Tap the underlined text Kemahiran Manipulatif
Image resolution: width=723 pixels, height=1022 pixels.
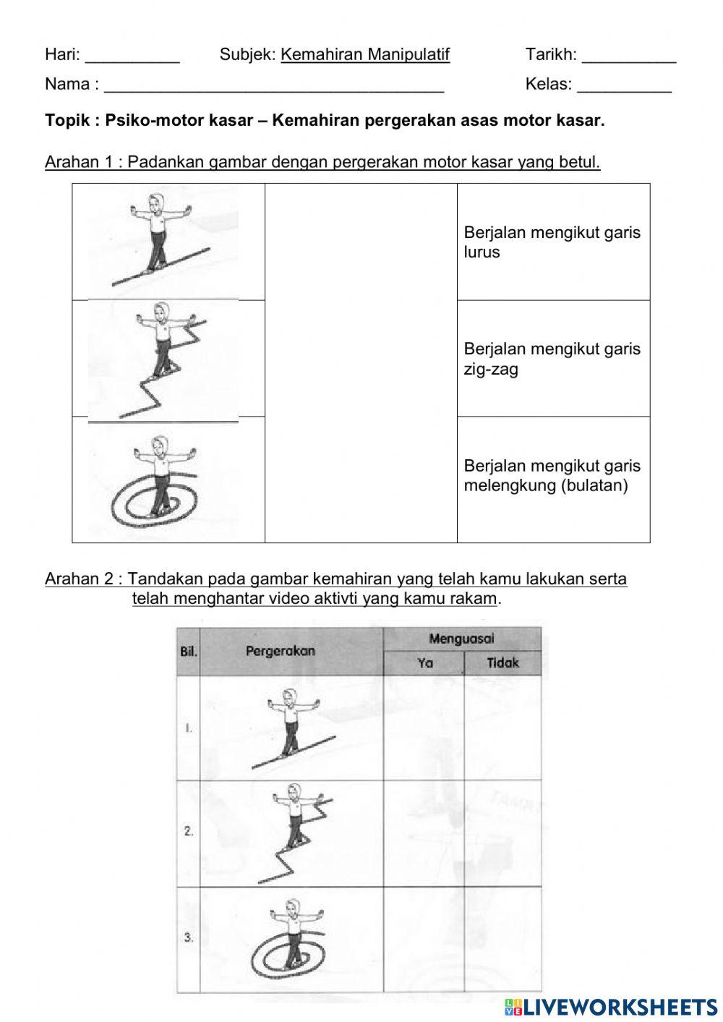point(365,55)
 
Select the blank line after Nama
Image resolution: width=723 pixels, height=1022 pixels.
point(274,88)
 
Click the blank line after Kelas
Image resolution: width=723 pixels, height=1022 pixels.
point(624,88)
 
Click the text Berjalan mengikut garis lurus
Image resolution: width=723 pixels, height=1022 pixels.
point(552,242)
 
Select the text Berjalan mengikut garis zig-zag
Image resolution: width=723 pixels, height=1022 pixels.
point(552,359)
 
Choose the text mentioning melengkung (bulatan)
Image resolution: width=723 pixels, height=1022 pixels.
point(552,476)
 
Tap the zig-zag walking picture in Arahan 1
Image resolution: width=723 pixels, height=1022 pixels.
point(163,359)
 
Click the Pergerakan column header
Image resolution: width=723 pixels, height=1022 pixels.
point(281,651)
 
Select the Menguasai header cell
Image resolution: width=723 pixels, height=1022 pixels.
point(461,639)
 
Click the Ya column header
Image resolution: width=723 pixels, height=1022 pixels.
point(424,663)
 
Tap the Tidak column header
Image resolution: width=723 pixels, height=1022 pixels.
point(502,663)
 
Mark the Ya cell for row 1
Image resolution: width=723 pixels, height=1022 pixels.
point(424,728)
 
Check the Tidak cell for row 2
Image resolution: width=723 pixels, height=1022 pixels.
point(502,833)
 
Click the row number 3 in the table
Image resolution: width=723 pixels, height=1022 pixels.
point(189,938)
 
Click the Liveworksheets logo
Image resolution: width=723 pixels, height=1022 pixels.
point(611,1007)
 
